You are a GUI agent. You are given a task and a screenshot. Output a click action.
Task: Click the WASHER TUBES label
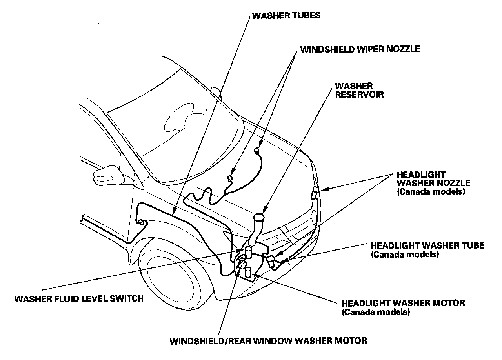coord(286,16)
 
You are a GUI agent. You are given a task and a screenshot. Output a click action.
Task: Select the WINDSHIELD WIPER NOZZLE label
coord(360,49)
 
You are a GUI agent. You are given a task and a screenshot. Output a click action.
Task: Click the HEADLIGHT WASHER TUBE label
coord(427,245)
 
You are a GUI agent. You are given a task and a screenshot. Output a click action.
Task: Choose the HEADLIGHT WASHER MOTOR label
coord(403,303)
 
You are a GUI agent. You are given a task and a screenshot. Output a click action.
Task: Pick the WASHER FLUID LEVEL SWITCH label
coord(79,299)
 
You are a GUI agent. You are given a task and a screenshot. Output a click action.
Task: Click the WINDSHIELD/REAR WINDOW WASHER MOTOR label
coord(268,340)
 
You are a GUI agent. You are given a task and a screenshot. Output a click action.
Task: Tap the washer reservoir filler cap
coord(258,217)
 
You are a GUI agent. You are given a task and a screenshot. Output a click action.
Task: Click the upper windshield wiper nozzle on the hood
coord(256,150)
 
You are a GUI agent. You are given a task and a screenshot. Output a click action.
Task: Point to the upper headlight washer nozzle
coord(315,193)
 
